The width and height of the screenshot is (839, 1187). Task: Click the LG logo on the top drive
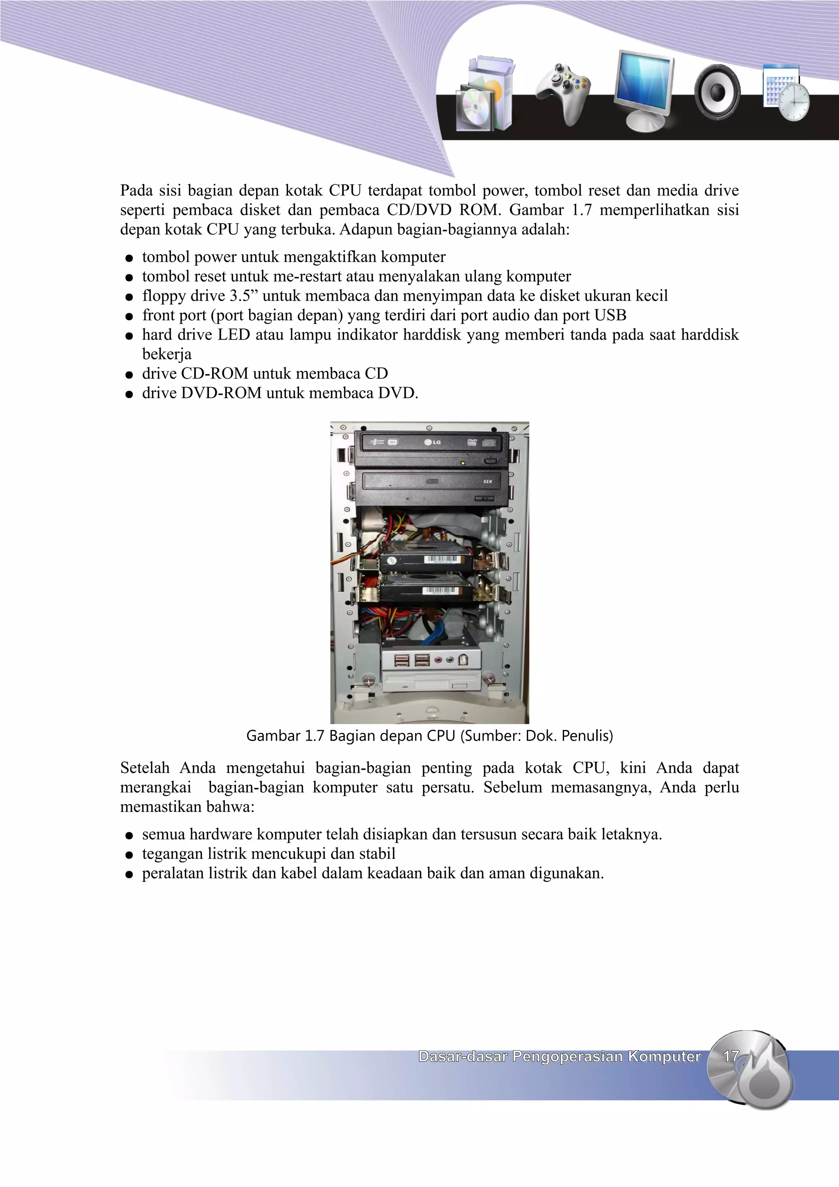(433, 442)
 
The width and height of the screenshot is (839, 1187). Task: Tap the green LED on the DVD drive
(463, 463)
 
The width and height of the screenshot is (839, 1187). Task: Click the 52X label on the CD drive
(488, 482)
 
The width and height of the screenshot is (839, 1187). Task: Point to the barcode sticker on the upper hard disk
(441, 560)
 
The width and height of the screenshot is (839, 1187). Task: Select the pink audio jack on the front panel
(438, 660)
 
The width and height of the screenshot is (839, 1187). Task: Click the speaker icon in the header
(717, 92)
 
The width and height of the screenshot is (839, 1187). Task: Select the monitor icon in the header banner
(644, 89)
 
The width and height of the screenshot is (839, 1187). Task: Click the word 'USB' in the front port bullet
(610, 315)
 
